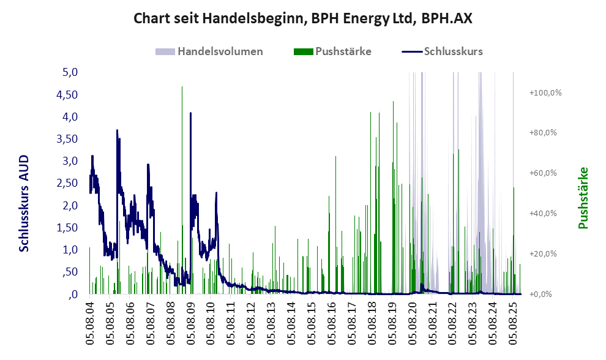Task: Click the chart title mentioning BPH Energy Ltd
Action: coord(303,18)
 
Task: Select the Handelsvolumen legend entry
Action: coord(220,51)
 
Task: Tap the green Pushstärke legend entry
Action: coord(343,51)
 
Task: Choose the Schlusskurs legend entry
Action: coord(453,51)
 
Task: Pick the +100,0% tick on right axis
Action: coord(545,92)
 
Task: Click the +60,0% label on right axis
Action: coord(543,173)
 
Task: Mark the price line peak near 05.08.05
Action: coord(116,130)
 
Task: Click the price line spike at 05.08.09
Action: coord(190,113)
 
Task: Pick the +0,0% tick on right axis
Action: coord(541,294)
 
